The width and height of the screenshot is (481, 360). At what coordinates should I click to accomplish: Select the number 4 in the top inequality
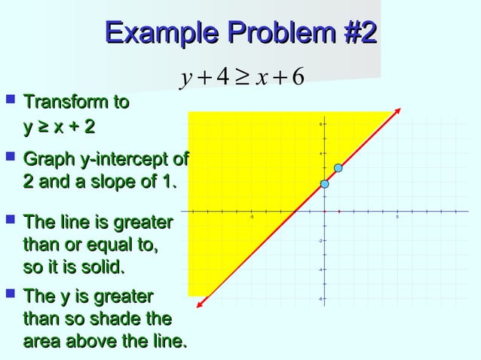click(221, 78)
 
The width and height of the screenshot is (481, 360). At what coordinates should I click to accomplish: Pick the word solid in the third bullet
click(101, 267)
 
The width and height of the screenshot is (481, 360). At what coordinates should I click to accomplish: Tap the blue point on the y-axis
click(324, 184)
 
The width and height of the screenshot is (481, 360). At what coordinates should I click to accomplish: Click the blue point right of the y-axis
click(339, 167)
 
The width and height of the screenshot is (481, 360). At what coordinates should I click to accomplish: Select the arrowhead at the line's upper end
click(394, 114)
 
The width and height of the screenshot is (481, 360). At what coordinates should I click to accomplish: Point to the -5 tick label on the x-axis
click(252, 218)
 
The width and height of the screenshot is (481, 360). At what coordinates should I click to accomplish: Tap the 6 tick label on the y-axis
click(320, 125)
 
